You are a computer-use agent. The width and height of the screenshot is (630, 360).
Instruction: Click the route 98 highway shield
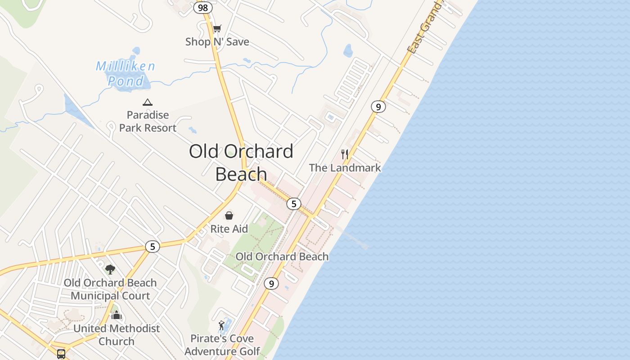(x=203, y=8)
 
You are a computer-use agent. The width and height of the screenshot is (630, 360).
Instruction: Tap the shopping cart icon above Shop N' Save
(x=217, y=29)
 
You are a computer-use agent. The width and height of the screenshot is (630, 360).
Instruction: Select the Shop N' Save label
(x=217, y=42)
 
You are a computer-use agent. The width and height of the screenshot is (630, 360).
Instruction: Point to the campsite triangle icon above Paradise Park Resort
(x=147, y=103)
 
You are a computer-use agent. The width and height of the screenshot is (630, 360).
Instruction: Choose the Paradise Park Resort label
(x=148, y=121)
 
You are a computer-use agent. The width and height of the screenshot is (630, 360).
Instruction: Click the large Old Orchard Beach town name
(x=241, y=162)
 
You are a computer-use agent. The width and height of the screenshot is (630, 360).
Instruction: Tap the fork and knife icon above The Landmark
(x=345, y=154)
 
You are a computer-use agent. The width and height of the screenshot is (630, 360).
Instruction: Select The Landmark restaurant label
(x=345, y=168)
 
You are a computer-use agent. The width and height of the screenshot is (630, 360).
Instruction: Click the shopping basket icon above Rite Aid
(x=229, y=216)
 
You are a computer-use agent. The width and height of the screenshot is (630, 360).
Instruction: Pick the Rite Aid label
(x=229, y=229)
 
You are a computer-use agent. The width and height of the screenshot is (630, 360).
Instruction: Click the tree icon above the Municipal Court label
(x=110, y=270)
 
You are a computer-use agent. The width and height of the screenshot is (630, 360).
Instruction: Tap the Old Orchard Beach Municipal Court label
(x=110, y=289)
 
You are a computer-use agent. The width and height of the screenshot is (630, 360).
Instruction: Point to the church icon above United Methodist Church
(x=117, y=315)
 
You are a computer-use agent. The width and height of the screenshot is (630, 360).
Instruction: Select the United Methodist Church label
(x=117, y=335)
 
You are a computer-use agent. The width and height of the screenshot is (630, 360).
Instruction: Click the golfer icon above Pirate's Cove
(x=221, y=325)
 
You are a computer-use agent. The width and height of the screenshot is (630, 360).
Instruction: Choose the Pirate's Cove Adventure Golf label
(x=222, y=345)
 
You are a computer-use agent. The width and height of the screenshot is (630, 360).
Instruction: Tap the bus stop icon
(x=61, y=354)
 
